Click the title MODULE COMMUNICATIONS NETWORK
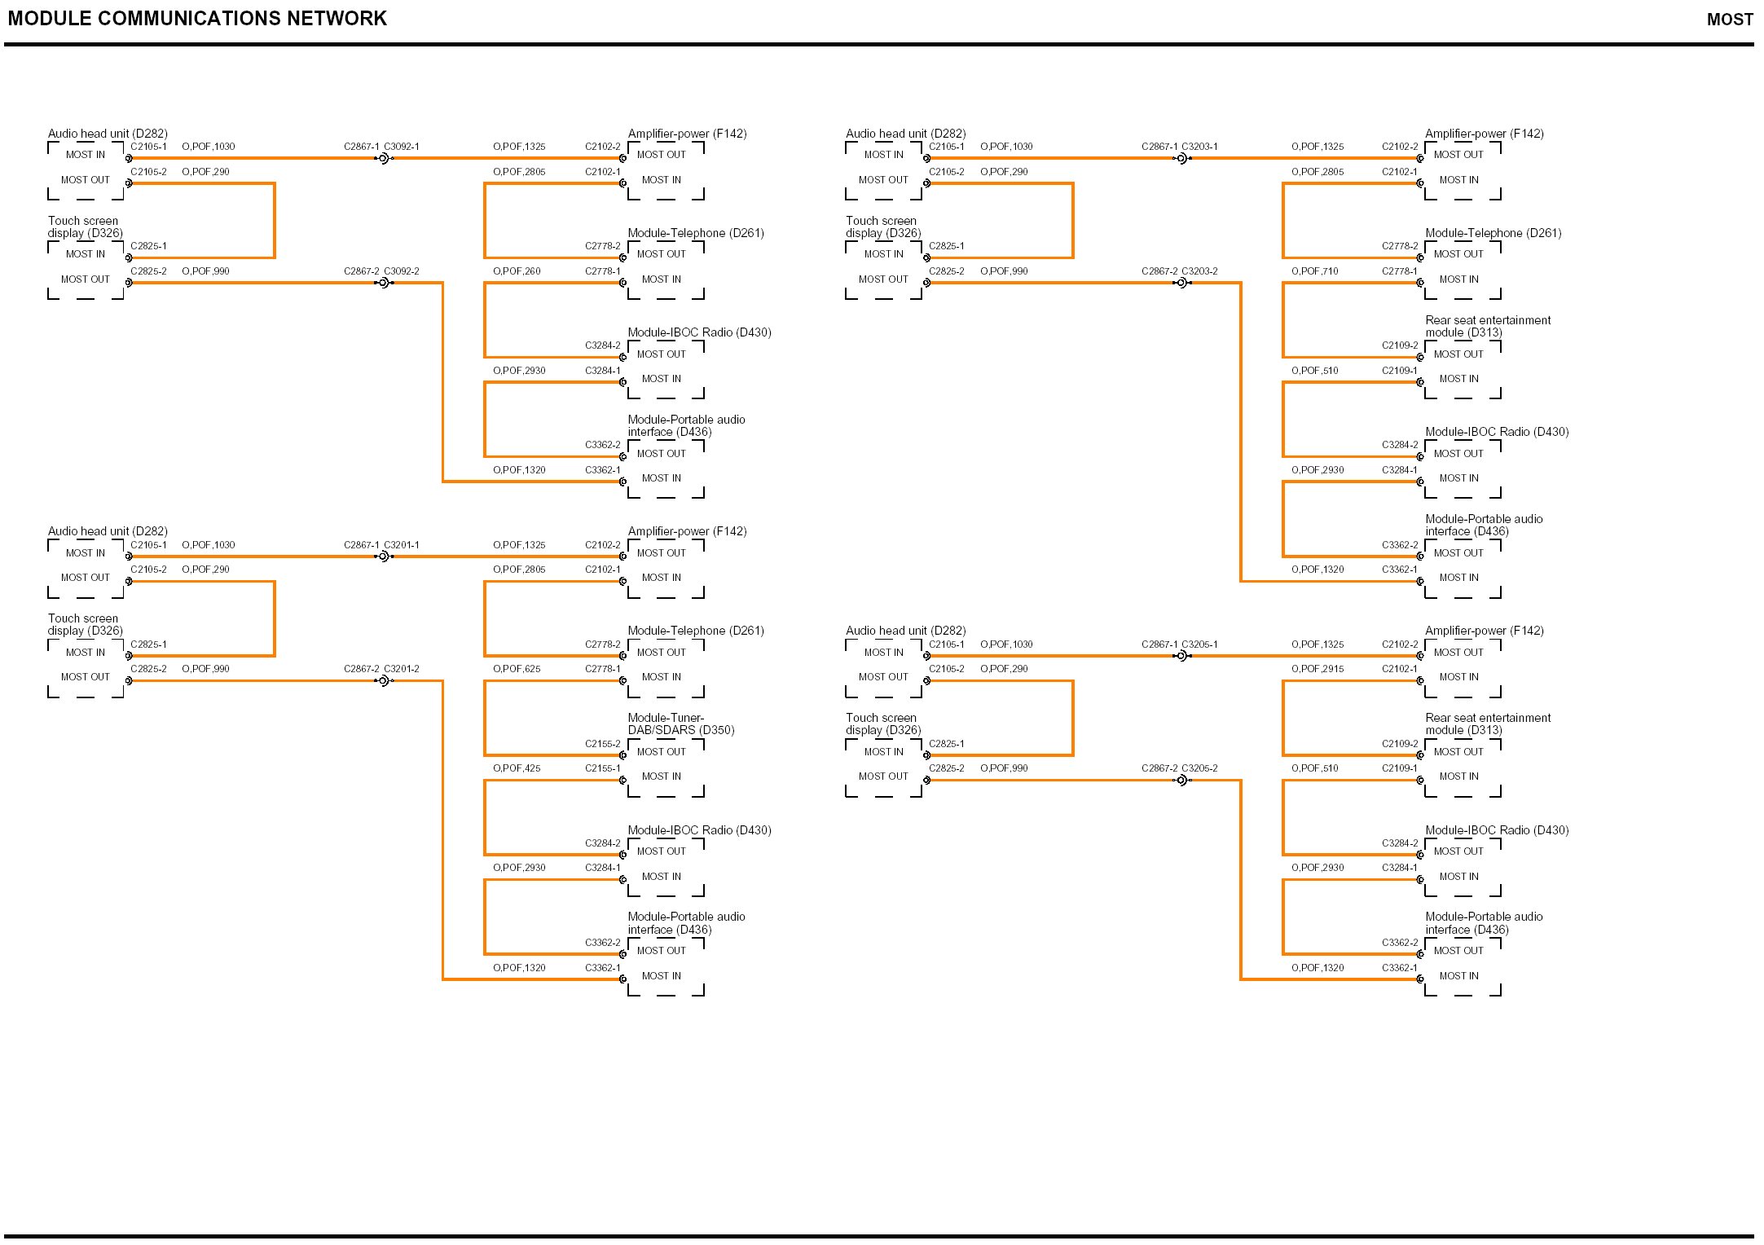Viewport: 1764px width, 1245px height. pyautogui.click(x=197, y=19)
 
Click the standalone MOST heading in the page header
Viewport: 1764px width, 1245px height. pyautogui.click(x=1730, y=20)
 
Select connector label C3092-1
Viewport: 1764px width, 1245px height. pyautogui.click(x=402, y=147)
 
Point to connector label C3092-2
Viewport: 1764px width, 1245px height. pyautogui.click(x=402, y=271)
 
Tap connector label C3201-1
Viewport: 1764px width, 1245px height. pyautogui.click(x=402, y=545)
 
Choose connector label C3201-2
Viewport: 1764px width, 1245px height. pyautogui.click(x=402, y=669)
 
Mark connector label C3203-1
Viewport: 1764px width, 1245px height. pyautogui.click(x=1199, y=147)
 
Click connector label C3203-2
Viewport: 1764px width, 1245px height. pyautogui.click(x=1199, y=271)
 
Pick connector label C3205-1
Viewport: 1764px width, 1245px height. pyautogui.click(x=1199, y=644)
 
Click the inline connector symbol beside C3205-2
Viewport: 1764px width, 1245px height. pyautogui.click(x=1182, y=781)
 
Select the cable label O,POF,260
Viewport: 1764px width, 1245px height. pyautogui.click(x=517, y=271)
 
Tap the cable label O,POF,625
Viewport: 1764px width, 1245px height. pyautogui.click(x=517, y=669)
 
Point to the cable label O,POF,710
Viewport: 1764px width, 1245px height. pyautogui.click(x=1314, y=271)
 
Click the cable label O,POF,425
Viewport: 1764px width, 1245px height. pyautogui.click(x=517, y=768)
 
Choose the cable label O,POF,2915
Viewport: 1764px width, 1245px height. pyautogui.click(x=1318, y=669)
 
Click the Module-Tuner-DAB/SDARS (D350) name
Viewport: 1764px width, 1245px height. pyautogui.click(x=681, y=724)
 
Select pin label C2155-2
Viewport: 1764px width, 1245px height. pyautogui.click(x=602, y=744)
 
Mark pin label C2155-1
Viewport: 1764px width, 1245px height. pyautogui.click(x=602, y=768)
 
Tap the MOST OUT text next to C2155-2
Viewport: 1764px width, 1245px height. pyautogui.click(x=661, y=752)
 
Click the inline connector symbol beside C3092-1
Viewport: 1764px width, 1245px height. pyautogui.click(x=384, y=158)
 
